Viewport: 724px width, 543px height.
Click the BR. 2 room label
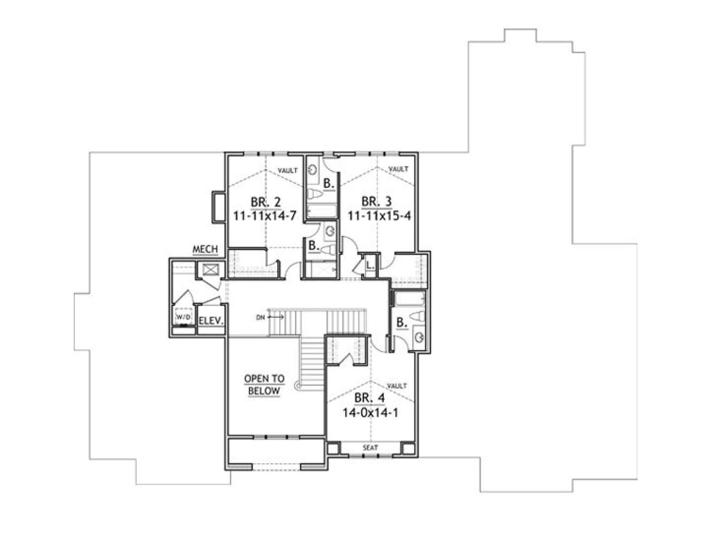pyautogui.click(x=266, y=202)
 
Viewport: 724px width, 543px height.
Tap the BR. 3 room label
pyautogui.click(x=376, y=201)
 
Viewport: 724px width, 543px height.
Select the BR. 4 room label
pyautogui.click(x=369, y=398)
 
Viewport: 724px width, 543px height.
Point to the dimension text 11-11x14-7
pyautogui.click(x=266, y=216)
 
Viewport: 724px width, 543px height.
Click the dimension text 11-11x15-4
pyautogui.click(x=379, y=216)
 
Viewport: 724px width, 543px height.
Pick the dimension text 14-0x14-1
pyautogui.click(x=370, y=412)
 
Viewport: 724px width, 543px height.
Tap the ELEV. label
pyautogui.click(x=211, y=321)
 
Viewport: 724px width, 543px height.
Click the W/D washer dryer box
pyautogui.click(x=183, y=317)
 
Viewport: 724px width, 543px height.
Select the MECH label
pyautogui.click(x=205, y=249)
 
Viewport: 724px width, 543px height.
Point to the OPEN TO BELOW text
pyautogui.click(x=264, y=385)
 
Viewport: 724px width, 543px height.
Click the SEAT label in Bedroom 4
pyautogui.click(x=370, y=448)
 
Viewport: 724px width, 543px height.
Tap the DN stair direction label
pyautogui.click(x=260, y=317)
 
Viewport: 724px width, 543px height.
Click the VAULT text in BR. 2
pyautogui.click(x=288, y=171)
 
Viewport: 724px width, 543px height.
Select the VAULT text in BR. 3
pyautogui.click(x=399, y=169)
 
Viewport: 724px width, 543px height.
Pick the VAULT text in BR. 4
pyautogui.click(x=397, y=386)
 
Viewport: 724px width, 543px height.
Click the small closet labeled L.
pyautogui.click(x=370, y=265)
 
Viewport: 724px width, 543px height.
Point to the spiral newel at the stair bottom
pyautogui.click(x=300, y=385)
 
